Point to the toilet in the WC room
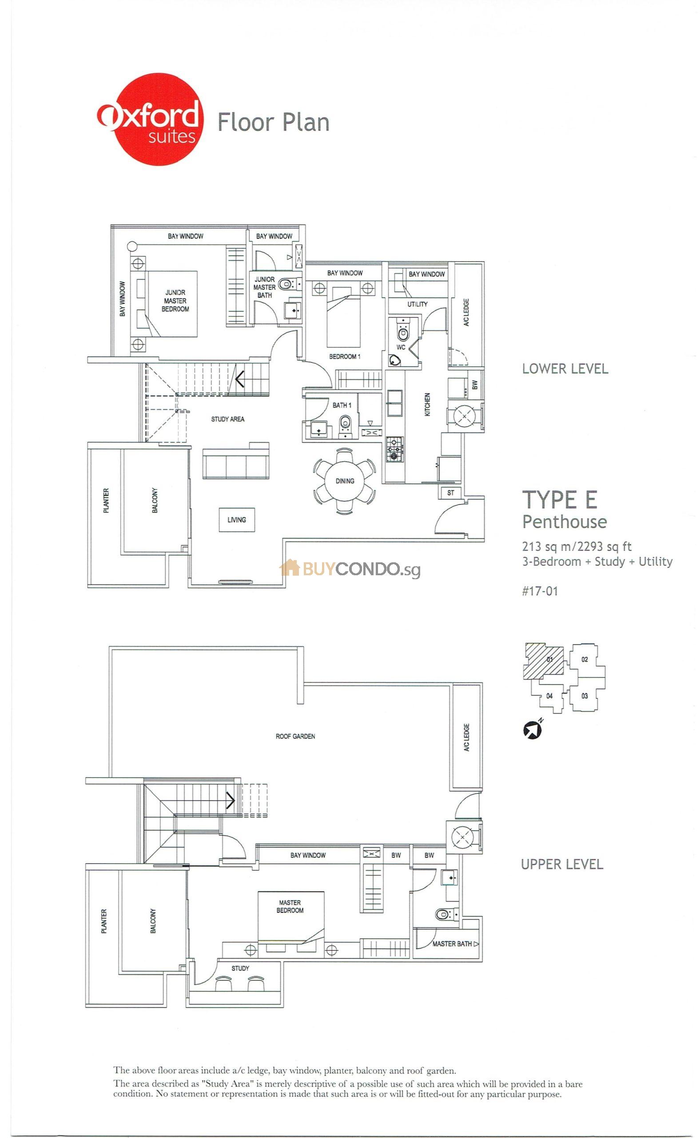point(402,332)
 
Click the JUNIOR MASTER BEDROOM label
point(175,301)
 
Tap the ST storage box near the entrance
point(450,493)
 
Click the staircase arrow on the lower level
point(239,380)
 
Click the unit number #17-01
point(540,591)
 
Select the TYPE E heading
point(559,500)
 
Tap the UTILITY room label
point(417,305)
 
